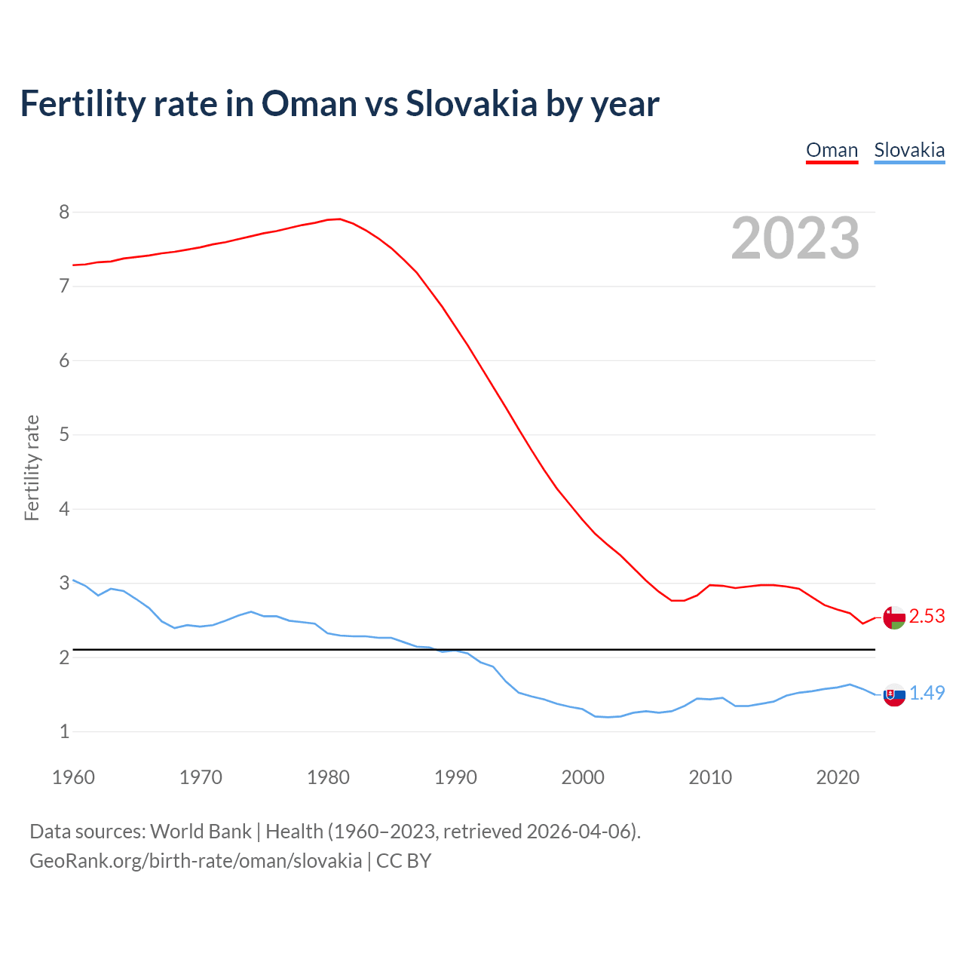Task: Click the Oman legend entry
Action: (832, 150)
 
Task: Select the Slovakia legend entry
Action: (908, 150)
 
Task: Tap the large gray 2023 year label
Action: (795, 238)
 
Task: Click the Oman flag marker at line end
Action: (893, 617)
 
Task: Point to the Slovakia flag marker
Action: (893, 694)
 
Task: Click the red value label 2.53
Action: (927, 617)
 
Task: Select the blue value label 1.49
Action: (927, 694)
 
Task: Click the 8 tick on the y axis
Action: (64, 213)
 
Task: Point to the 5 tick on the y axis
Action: (64, 435)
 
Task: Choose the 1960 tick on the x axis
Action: (73, 777)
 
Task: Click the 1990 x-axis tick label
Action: (455, 777)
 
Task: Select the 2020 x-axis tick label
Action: (838, 777)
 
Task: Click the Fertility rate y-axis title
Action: (32, 467)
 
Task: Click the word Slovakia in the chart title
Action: (471, 104)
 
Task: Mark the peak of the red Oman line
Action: (339, 219)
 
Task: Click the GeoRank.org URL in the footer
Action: (195, 861)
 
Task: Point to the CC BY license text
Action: (403, 861)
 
